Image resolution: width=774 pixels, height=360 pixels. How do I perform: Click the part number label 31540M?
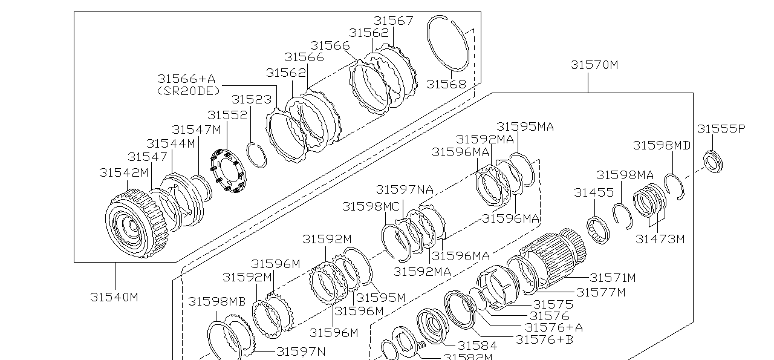(x=114, y=297)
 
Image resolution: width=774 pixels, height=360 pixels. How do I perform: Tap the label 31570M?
(x=594, y=65)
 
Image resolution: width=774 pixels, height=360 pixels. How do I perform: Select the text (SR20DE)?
(x=188, y=91)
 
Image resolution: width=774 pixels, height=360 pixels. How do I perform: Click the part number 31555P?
(x=721, y=129)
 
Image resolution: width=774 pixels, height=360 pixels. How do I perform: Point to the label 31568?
(x=446, y=84)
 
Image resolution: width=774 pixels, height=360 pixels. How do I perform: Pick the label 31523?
(x=251, y=100)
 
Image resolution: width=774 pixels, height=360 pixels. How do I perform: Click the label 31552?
(x=227, y=115)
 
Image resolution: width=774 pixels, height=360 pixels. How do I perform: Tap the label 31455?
(x=594, y=192)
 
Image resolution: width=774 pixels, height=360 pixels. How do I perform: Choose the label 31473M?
(x=660, y=239)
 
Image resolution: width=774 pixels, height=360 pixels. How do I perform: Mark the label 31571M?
(x=613, y=278)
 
